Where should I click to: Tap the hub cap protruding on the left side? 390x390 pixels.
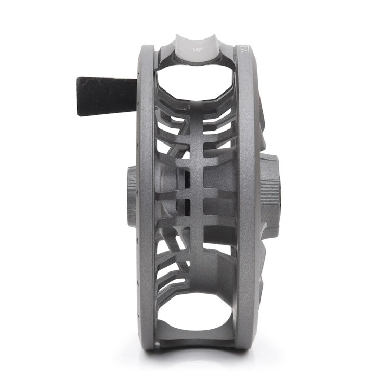132,194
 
